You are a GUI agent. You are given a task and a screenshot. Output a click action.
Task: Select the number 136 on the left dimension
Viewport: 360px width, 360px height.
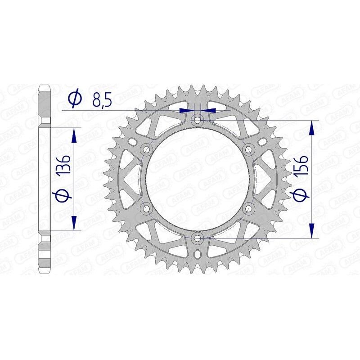coord(63,166)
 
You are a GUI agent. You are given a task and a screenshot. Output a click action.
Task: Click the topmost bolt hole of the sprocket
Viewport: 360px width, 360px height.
coord(197,120)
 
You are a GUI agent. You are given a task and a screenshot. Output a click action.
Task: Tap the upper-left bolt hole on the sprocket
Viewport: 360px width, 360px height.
coord(146,149)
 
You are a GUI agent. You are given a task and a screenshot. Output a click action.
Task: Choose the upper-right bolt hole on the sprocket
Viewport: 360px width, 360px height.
coord(247,149)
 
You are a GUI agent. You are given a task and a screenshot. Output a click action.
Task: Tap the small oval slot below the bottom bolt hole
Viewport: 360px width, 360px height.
coord(197,255)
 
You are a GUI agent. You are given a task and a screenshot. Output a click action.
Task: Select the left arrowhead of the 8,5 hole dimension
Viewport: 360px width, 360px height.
coord(185,109)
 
